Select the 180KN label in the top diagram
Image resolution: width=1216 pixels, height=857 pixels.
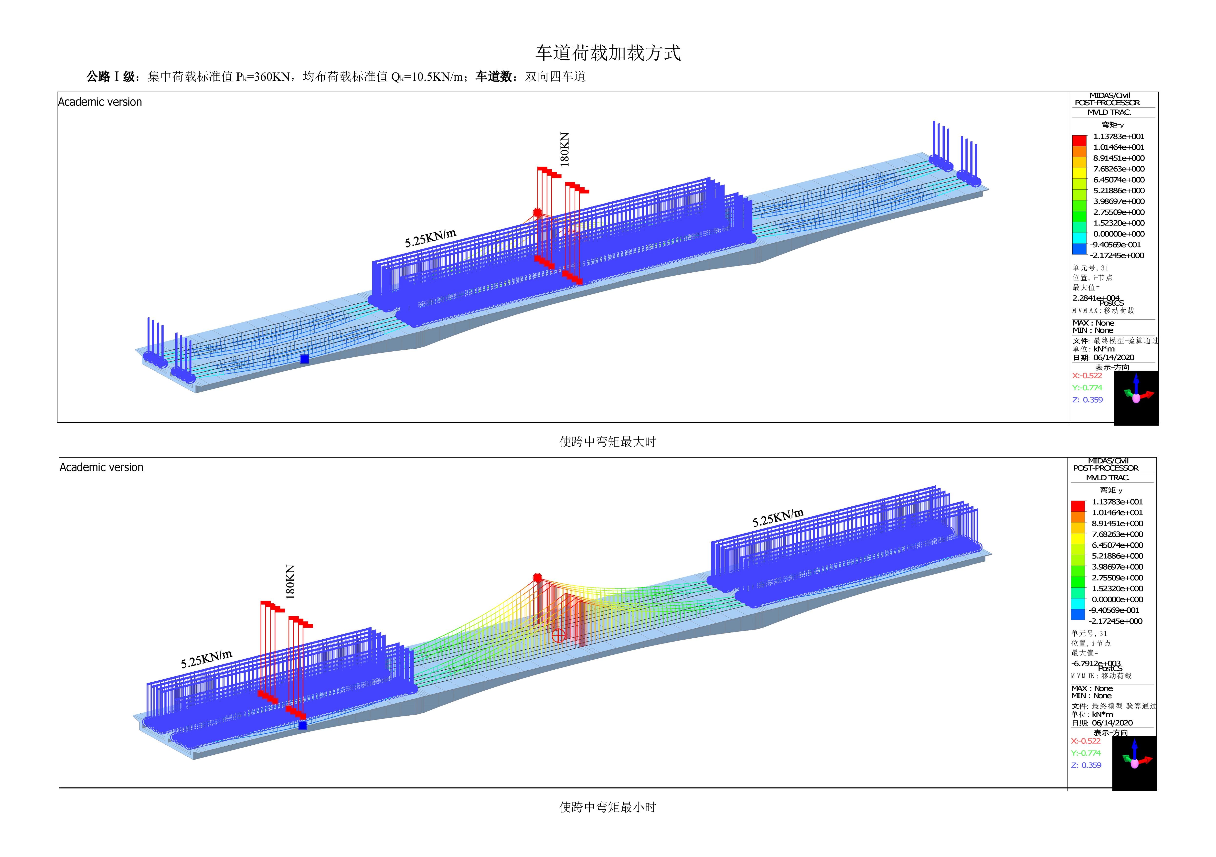[x=565, y=150]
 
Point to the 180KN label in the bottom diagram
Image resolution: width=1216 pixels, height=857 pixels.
[x=290, y=582]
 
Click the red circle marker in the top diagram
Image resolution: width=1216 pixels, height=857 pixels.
[x=537, y=212]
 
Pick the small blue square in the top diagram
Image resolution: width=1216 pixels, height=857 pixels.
[x=304, y=359]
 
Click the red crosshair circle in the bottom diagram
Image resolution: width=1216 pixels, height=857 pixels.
[x=558, y=635]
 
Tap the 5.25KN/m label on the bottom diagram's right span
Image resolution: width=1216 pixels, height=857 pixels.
[x=778, y=517]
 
